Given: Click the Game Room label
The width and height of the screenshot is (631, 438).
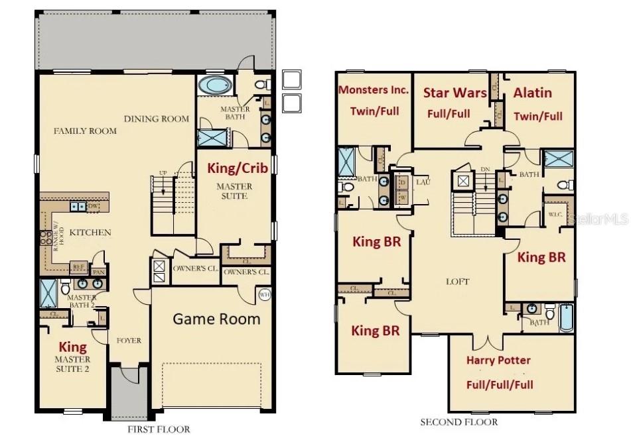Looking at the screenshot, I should coord(216,319).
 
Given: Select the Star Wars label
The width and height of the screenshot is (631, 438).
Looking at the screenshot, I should coord(455,92).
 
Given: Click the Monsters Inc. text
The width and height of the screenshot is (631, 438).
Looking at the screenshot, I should coord(374,89).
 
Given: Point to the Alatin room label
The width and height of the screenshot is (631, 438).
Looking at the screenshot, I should coord(532,93).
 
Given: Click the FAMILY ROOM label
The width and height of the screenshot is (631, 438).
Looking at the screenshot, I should coord(85,131).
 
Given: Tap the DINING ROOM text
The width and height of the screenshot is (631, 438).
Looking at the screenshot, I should coord(156,119).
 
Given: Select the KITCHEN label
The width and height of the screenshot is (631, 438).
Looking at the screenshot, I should coord(90,233).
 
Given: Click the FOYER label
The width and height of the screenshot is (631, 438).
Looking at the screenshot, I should coord(129,341).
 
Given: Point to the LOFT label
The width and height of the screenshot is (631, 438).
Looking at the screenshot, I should coord(457,282).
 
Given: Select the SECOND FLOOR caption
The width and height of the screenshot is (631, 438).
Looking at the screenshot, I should coord(458,422).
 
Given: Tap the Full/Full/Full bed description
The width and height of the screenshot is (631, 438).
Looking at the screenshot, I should coord(499,384).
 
